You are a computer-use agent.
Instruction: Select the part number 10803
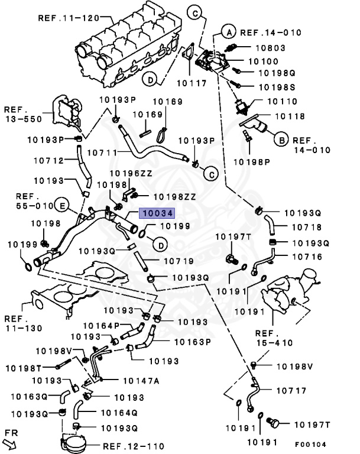[271, 47]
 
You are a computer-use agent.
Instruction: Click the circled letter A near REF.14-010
[229, 32]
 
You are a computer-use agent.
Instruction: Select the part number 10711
[102, 152]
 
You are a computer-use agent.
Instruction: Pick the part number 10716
[306, 257]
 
